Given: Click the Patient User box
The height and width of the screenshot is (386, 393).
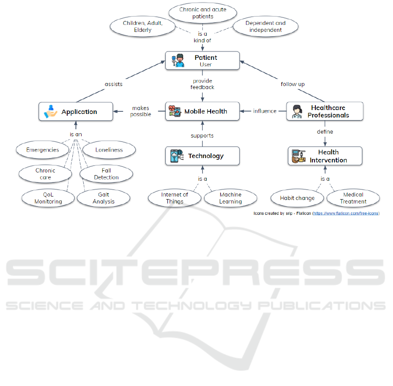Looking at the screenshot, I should [203, 61].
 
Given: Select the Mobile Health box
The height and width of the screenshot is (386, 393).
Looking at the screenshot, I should [203, 111].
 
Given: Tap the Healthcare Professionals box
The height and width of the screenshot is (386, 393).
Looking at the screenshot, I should [325, 111].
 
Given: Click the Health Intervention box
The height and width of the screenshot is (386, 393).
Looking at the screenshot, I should [325, 156].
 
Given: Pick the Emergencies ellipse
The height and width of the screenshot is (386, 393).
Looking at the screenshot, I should [43, 150].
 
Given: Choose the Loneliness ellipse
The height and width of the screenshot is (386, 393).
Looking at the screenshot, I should [109, 150].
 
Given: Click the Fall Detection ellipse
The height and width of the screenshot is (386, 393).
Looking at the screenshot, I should [106, 174].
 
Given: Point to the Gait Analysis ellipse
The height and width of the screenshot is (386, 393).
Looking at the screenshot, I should [103, 198].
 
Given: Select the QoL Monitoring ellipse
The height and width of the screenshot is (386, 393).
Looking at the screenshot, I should [48, 198].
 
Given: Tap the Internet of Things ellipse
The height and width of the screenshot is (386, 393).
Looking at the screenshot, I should [174, 198].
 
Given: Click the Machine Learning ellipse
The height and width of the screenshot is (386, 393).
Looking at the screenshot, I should [230, 198].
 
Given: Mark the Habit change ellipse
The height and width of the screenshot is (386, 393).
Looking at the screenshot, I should [297, 198].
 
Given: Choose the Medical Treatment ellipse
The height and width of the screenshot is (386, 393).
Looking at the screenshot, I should [353, 198].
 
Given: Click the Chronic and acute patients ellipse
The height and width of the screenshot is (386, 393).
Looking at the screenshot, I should [203, 13].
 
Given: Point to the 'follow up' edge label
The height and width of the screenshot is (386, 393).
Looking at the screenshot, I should [293, 84].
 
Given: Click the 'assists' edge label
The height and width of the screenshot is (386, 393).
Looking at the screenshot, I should [113, 84].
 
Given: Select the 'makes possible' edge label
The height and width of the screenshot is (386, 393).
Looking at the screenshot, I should [140, 111].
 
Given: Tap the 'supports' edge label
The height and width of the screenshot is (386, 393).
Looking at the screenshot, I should [202, 136].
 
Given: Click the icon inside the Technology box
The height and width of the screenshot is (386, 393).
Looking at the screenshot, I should [177, 156].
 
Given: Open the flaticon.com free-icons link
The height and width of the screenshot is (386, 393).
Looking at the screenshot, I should [346, 214].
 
